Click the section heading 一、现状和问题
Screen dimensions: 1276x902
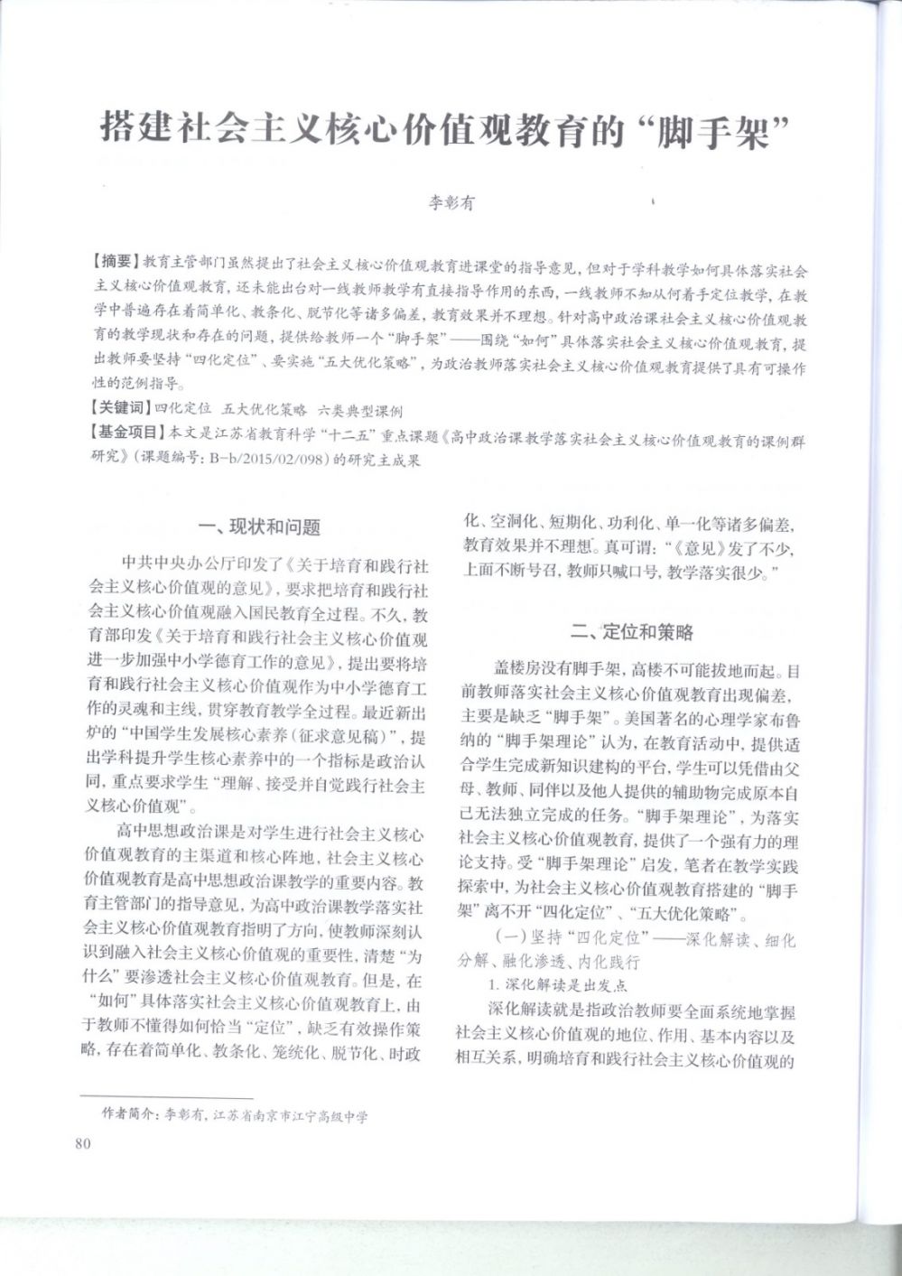tap(258, 526)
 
